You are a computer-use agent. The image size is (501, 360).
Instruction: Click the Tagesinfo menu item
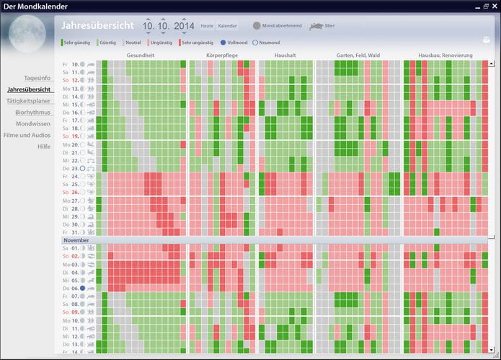click(37, 77)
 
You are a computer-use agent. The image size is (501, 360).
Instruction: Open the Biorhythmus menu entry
click(32, 112)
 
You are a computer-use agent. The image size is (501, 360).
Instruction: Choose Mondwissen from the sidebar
click(33, 123)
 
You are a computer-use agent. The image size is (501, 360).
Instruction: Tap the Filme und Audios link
click(27, 135)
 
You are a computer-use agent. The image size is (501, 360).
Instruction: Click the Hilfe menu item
click(44, 146)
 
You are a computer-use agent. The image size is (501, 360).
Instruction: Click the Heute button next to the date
click(207, 26)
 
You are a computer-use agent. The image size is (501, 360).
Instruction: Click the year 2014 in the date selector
click(184, 26)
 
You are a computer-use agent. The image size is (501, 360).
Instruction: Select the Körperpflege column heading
click(223, 55)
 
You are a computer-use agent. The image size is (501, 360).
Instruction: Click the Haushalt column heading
click(285, 55)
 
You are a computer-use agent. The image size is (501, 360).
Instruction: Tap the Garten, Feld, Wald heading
click(359, 55)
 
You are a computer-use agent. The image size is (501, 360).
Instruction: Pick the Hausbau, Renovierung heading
click(445, 55)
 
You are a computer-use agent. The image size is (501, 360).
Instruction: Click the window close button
click(494, 6)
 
